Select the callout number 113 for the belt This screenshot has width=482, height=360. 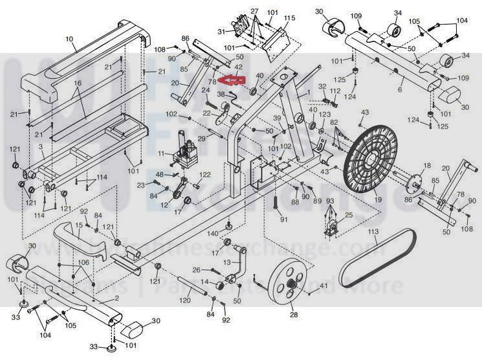pyautogui.click(x=373, y=231)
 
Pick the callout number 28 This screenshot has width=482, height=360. pyautogui.click(x=293, y=315)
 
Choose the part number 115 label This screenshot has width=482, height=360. pyautogui.click(x=289, y=18)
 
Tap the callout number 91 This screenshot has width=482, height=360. pyautogui.click(x=283, y=219)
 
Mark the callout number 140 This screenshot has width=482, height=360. pyautogui.click(x=212, y=233)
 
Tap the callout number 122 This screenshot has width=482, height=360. pyautogui.click(x=205, y=175)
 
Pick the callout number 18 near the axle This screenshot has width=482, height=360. pyautogui.click(x=426, y=166)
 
